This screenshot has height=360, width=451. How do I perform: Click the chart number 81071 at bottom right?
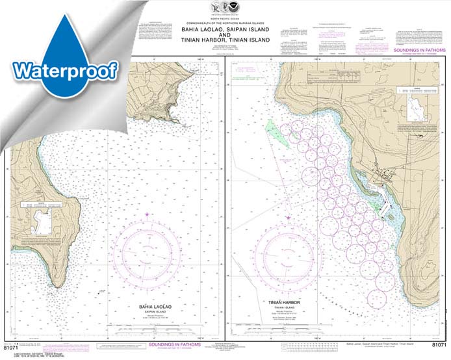click(x=437, y=342)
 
